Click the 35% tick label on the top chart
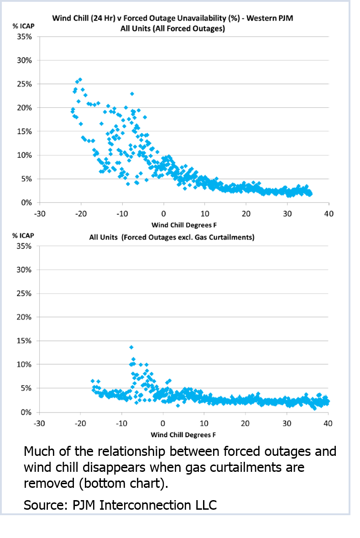[x=25, y=37]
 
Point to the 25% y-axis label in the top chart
[x=25, y=84]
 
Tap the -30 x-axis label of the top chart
[x=39, y=214]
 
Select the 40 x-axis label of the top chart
[x=329, y=214]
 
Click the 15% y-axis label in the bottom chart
[x=25, y=341]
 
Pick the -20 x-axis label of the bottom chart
[x=80, y=423]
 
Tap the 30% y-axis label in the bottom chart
[x=25, y=270]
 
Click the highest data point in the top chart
[x=80, y=79]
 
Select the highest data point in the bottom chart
[x=131, y=347]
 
